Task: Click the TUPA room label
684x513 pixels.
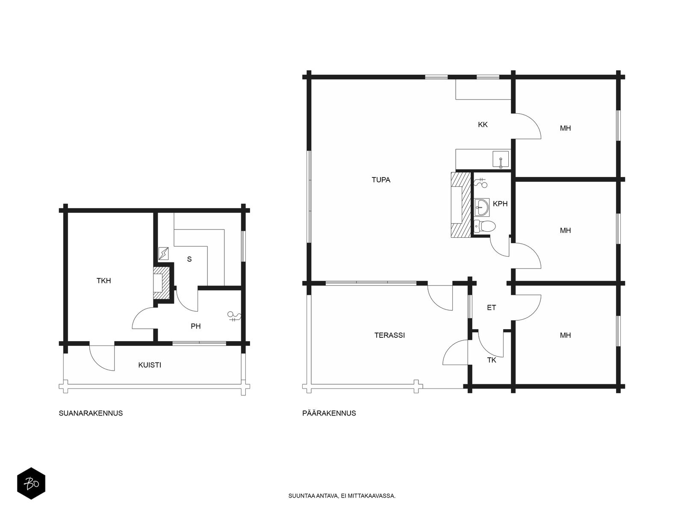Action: click(x=381, y=180)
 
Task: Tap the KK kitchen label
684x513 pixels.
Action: click(x=483, y=124)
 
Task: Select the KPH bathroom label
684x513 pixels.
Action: click(x=500, y=204)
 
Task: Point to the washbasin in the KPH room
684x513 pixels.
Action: click(x=482, y=207)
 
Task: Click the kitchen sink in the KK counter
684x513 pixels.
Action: click(x=501, y=159)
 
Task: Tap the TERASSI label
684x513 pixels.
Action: click(x=389, y=335)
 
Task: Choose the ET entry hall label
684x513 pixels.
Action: click(x=492, y=308)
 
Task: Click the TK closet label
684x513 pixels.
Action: click(x=492, y=360)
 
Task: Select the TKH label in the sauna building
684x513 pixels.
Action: click(x=104, y=280)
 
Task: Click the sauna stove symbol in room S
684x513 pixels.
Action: click(x=164, y=253)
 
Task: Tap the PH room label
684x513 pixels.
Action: click(x=196, y=326)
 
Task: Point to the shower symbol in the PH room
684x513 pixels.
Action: click(x=235, y=316)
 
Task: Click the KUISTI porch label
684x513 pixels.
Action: click(x=150, y=365)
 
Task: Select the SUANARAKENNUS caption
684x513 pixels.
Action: click(x=91, y=413)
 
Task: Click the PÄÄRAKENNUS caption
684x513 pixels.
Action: click(x=329, y=413)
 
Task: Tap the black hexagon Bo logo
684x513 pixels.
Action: click(x=31, y=484)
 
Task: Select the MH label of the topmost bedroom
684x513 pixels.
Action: click(x=565, y=128)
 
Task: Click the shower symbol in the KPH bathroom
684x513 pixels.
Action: click(x=481, y=183)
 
